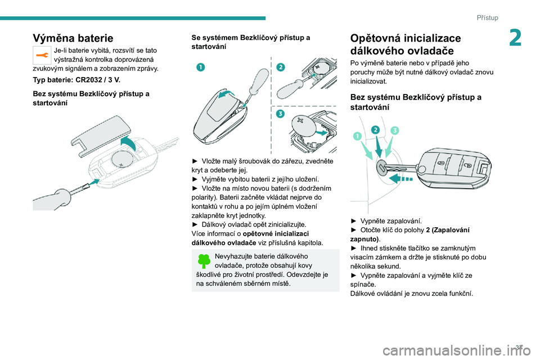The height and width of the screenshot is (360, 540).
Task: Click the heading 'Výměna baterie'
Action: coord(73,38)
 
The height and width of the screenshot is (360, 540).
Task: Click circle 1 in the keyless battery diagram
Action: coord(200,67)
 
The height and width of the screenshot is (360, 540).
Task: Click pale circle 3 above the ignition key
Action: coord(394,131)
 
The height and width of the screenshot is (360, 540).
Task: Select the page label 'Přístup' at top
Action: coord(487,17)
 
